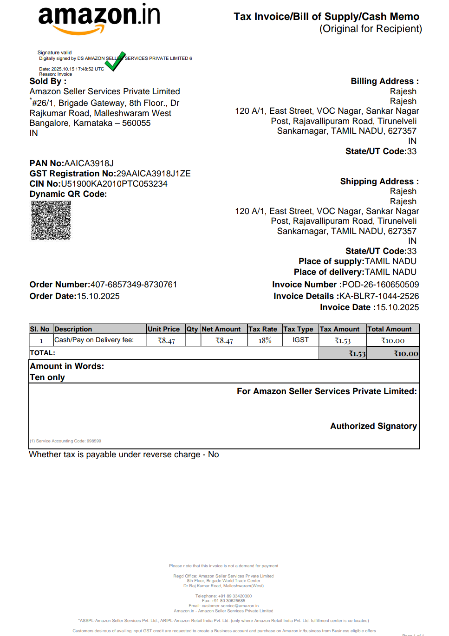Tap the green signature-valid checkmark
[115, 61]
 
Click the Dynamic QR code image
[51, 220]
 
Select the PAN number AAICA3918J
[89, 163]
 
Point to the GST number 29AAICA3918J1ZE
[153, 174]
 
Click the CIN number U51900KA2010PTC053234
[114, 184]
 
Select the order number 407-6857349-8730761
[134, 285]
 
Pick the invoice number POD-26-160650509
[380, 285]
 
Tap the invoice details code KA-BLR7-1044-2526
[379, 296]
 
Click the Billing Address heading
[384, 81]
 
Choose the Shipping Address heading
[379, 182]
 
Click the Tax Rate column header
[263, 329]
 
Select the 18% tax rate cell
[265, 340]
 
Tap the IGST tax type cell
[300, 340]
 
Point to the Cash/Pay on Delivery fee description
[94, 340]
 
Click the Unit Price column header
[163, 329]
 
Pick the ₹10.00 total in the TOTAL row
[406, 354]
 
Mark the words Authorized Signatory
[373, 426]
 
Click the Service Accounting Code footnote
[65, 441]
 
